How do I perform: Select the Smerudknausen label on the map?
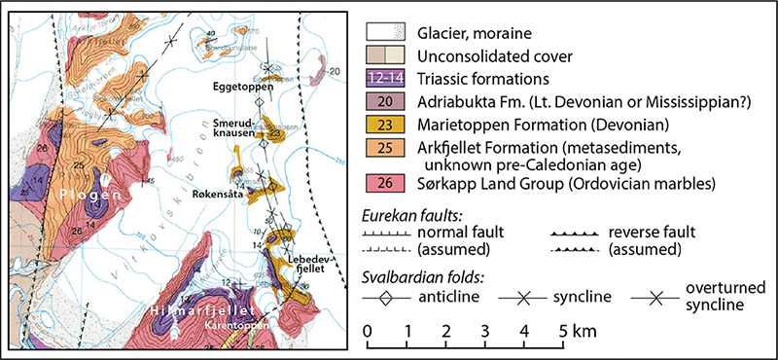point(237,130)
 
